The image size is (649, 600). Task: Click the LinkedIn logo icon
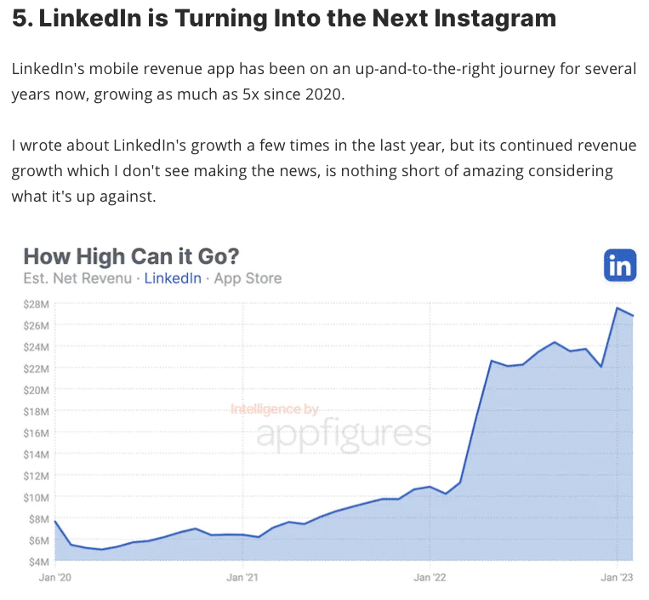(619, 265)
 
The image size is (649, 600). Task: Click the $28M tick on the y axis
(37, 304)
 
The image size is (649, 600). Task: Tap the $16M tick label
(37, 432)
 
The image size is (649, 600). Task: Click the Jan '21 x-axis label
(242, 576)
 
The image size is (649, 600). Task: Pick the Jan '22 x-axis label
(430, 576)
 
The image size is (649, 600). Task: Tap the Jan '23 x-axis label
(616, 576)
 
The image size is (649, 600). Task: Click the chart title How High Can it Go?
(131, 256)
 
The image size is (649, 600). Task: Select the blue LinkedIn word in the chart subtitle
(173, 278)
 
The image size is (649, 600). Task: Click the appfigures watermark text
(344, 434)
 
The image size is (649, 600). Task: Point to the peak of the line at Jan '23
(617, 308)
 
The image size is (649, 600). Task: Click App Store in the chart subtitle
(248, 278)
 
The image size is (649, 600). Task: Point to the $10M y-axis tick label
(37, 497)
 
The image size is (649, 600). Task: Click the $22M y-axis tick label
(37, 369)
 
